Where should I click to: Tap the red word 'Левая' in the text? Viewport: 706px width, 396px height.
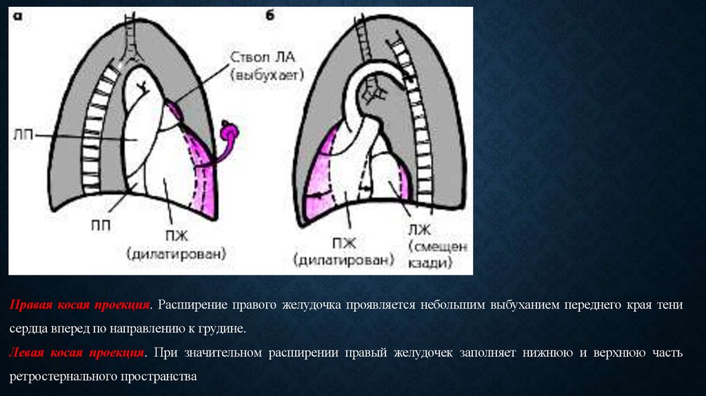[28, 353]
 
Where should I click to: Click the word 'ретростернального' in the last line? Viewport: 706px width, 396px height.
[63, 377]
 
